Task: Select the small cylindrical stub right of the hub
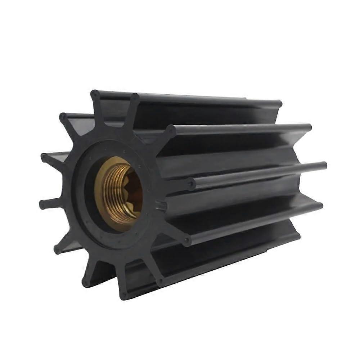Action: click(x=161, y=206)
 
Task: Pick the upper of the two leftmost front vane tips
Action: click(x=44, y=157)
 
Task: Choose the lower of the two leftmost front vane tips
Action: click(x=42, y=204)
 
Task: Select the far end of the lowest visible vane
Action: click(x=297, y=235)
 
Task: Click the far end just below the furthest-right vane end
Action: click(x=320, y=206)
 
